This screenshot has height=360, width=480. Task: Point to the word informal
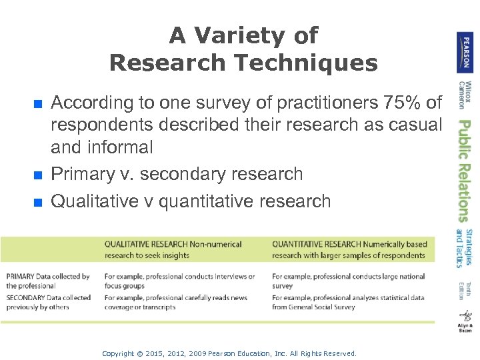121,147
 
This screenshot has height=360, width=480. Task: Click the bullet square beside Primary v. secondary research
39,175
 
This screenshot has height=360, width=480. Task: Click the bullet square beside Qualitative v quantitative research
39,202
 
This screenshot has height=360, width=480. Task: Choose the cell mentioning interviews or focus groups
179,281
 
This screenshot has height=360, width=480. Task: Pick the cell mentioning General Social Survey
347,302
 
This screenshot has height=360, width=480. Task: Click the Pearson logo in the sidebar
465,53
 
